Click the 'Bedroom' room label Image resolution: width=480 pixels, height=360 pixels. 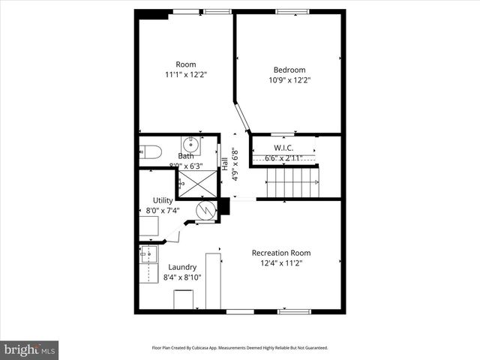pos(289,70)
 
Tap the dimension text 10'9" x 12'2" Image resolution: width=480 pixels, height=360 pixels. pos(289,80)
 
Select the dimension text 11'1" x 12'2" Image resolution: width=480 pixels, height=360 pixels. pos(185,74)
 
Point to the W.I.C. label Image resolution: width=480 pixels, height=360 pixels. pos(283,148)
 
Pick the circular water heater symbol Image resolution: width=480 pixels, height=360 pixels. pos(205,211)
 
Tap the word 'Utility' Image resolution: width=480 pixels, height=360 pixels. pos(163,200)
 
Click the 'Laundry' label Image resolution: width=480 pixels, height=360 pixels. pos(182,267)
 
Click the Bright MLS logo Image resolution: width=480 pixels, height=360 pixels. pos(29,349)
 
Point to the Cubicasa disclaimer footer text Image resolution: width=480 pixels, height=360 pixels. pos(239,347)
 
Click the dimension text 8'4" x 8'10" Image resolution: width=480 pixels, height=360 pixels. pos(182,277)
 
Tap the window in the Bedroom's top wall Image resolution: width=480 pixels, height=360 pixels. pos(291,11)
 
